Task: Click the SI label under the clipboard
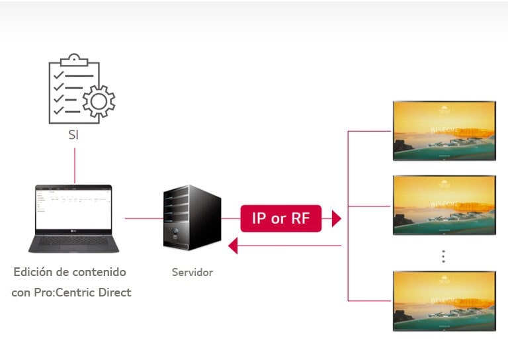[75, 135]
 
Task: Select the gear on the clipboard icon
[99, 102]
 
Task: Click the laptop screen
[73, 208]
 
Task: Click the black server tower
[191, 218]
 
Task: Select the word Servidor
[192, 272]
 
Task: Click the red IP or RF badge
[280, 218]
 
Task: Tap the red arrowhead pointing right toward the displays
[336, 218]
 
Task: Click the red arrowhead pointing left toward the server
[233, 246]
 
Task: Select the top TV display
[444, 130]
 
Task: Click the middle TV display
[444, 204]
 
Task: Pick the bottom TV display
[444, 300]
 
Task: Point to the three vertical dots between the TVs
[444, 256]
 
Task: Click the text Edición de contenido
[69, 272]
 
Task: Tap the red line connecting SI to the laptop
[75, 165]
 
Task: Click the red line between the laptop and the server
[144, 218]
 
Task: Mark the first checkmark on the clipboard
[58, 75]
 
